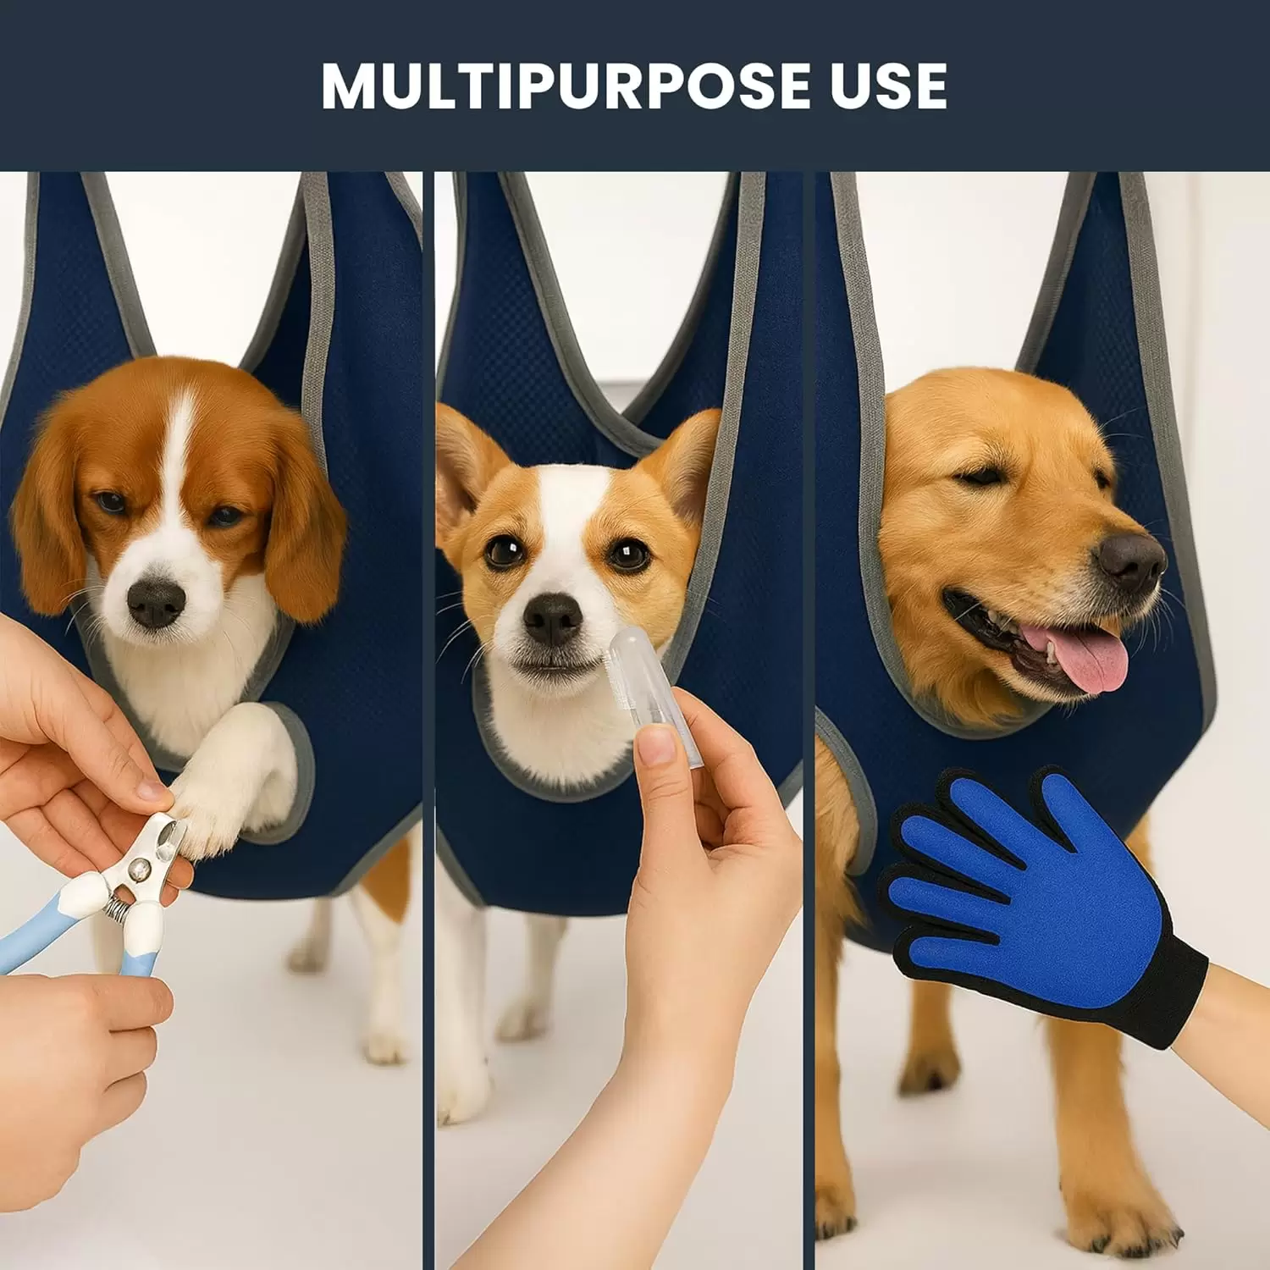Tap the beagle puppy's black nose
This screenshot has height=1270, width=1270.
pyautogui.click(x=156, y=603)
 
